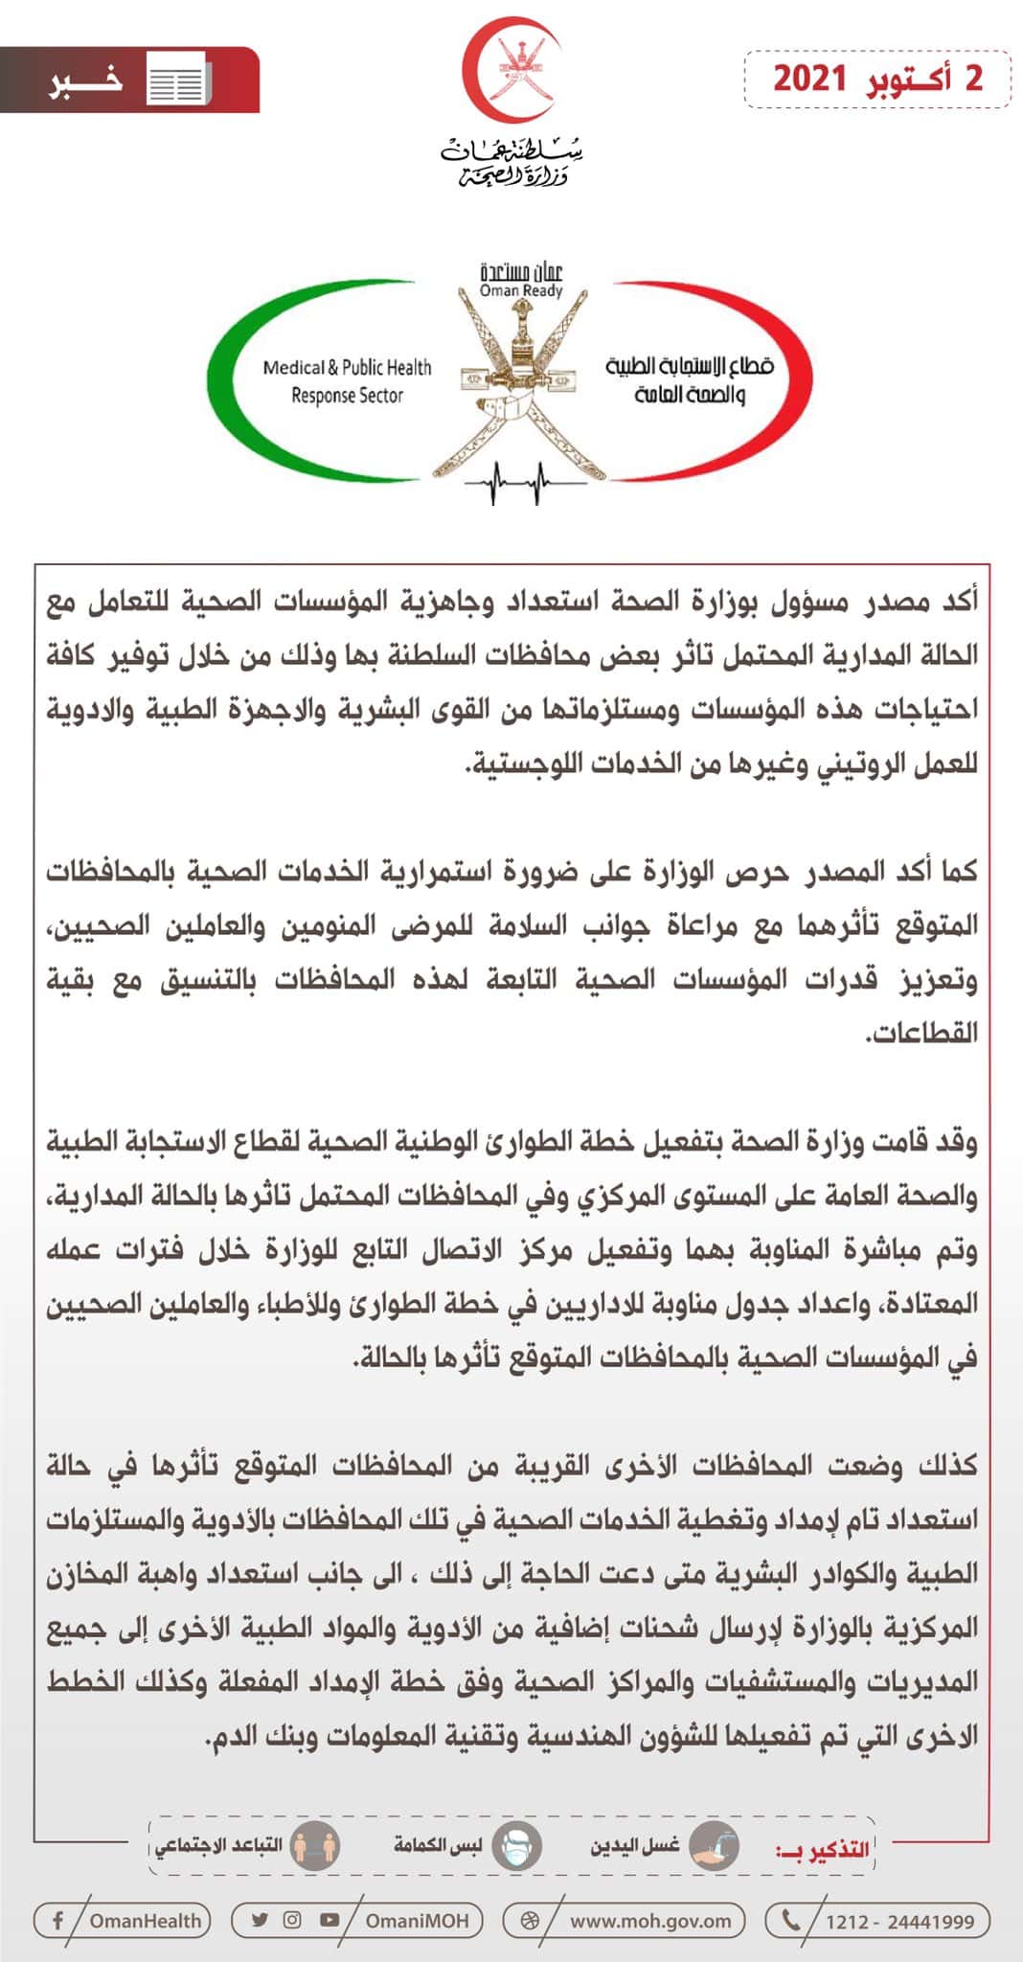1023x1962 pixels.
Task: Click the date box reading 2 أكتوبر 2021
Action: pyautogui.click(x=877, y=79)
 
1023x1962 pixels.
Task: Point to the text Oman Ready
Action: pyautogui.click(x=521, y=290)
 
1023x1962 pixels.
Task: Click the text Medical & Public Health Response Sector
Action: pyautogui.click(x=347, y=381)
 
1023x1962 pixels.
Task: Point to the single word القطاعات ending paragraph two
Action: pyautogui.click(x=921, y=1033)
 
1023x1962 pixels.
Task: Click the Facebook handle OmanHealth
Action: pyautogui.click(x=146, y=1920)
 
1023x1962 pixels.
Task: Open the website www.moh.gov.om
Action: pyautogui.click(x=649, y=1920)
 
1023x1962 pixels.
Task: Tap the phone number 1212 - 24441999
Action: pyautogui.click(x=899, y=1920)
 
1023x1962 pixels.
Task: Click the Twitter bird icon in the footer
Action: pyautogui.click(x=260, y=1919)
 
